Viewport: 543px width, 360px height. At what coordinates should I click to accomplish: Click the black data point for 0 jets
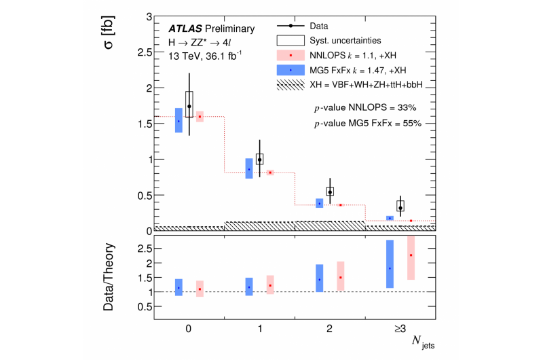(189, 106)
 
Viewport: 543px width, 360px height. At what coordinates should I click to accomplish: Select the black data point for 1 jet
(259, 160)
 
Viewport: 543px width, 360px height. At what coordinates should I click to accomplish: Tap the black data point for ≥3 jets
(400, 208)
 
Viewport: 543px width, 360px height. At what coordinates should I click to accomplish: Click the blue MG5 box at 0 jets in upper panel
(179, 120)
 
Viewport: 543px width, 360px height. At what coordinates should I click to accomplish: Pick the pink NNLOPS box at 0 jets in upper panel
(200, 116)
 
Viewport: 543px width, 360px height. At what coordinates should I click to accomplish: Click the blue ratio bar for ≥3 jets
(390, 264)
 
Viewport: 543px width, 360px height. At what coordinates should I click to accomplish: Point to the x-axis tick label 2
(330, 329)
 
